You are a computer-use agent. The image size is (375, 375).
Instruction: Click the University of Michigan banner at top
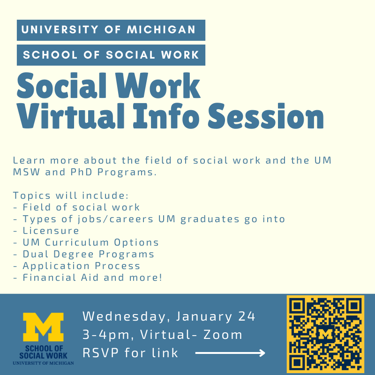pos(111,30)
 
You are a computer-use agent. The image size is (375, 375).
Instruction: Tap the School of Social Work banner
pos(111,55)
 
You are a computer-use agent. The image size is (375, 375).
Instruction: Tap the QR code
pos(325,334)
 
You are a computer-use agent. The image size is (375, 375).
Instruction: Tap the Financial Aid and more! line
pos(88,277)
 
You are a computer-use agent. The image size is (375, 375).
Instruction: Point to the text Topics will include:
pos(71,195)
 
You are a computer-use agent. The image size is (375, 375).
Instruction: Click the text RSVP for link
pos(131,352)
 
